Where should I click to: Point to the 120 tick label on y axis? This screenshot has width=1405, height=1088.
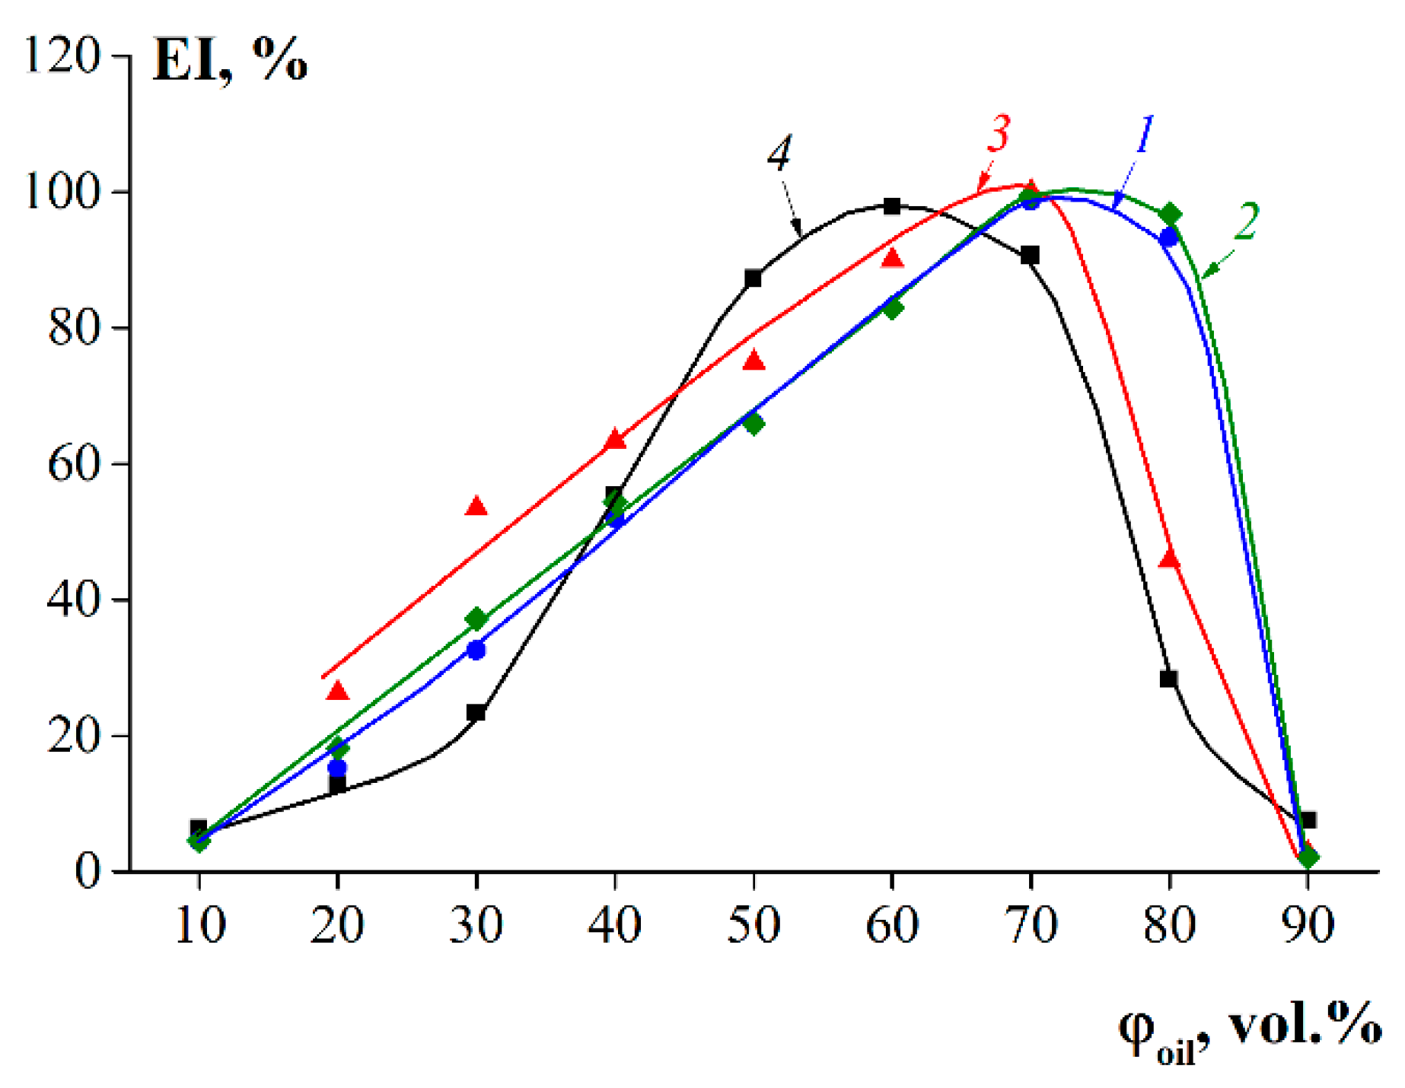point(62,56)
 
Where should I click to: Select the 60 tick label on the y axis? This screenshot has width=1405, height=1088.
point(74,463)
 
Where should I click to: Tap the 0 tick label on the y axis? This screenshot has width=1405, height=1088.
point(88,870)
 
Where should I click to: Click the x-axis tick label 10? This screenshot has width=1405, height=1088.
point(199,925)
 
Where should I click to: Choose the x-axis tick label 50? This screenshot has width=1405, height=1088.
point(753,925)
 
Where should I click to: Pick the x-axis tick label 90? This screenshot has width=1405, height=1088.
point(1308,925)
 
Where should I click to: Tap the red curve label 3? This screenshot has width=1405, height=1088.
point(998,134)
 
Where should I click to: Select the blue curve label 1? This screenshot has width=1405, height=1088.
point(1144,135)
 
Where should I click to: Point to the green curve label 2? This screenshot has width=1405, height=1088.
point(1246,221)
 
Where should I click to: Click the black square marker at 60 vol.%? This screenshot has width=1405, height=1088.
point(892,206)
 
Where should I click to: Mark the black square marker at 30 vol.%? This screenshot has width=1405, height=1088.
point(476,713)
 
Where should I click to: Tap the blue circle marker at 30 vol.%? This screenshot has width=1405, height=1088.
point(476,651)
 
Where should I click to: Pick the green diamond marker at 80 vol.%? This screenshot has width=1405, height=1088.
point(1171,215)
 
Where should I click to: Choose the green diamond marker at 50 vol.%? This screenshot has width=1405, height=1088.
point(753,424)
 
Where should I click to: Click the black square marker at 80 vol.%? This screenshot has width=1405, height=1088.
point(1169,679)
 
